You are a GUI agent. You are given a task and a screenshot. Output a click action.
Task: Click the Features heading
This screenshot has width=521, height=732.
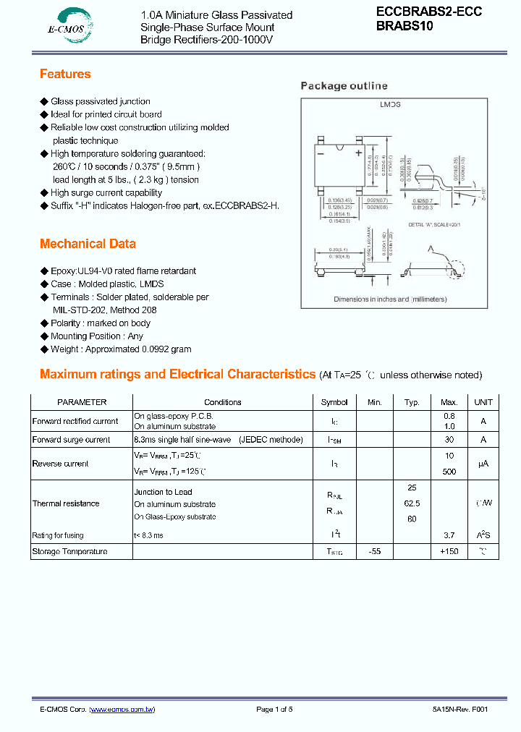pyautogui.click(x=65, y=74)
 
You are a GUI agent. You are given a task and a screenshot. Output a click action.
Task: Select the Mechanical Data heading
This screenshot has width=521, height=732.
pyautogui.click(x=88, y=244)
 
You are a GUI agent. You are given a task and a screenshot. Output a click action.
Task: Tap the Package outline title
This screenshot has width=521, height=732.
pyautogui.click(x=344, y=86)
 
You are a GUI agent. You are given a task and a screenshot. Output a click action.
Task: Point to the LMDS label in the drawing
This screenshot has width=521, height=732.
pyautogui.click(x=391, y=105)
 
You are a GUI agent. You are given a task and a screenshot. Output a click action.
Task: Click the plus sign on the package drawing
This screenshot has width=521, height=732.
pyautogui.click(x=357, y=153)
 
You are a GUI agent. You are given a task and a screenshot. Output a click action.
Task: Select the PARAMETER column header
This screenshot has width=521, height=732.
pyautogui.click(x=82, y=402)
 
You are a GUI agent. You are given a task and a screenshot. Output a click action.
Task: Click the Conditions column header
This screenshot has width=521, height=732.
pyautogui.click(x=223, y=402)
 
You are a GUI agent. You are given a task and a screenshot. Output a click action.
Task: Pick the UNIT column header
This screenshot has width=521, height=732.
pyautogui.click(x=483, y=402)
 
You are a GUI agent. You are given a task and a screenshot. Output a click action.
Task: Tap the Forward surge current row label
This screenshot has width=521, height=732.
pyautogui.click(x=72, y=440)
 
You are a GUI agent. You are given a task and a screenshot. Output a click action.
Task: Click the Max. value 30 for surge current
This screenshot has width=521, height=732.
pyautogui.click(x=449, y=440)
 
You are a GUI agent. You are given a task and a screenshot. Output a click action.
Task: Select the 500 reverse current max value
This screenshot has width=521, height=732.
pyautogui.click(x=449, y=472)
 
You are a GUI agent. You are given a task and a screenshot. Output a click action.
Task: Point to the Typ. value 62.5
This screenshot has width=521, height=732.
pyautogui.click(x=412, y=503)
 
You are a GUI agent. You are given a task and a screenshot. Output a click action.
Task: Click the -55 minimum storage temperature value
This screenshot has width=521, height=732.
pyautogui.click(x=374, y=552)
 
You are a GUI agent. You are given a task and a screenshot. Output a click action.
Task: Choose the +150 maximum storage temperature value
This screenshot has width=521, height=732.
pyautogui.click(x=449, y=552)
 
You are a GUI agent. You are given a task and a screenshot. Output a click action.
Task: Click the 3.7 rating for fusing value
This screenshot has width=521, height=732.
pyautogui.click(x=449, y=535)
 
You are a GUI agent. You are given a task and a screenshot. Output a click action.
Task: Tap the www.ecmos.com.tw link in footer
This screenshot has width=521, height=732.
pyautogui.click(x=122, y=710)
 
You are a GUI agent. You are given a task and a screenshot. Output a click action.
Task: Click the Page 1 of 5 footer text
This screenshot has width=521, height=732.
pyautogui.click(x=274, y=710)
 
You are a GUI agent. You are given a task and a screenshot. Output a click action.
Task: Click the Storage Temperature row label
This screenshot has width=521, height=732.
pyautogui.click(x=69, y=552)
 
